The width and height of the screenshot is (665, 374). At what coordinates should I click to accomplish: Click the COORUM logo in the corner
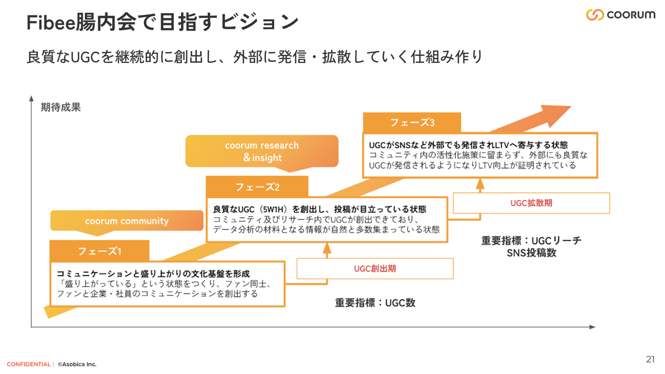(x=620, y=15)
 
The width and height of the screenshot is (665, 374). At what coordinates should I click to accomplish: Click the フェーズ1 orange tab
(x=99, y=251)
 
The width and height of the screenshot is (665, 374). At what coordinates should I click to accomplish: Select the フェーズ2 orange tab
(x=257, y=187)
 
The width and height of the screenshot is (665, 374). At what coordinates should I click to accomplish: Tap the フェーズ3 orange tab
(x=412, y=123)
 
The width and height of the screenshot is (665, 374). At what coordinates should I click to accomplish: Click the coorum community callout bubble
(x=126, y=221)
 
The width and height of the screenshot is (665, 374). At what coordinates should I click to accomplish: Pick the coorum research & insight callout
(x=261, y=151)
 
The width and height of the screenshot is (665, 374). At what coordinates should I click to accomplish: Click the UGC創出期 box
(x=375, y=269)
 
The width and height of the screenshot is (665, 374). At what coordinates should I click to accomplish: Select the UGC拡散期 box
(x=531, y=203)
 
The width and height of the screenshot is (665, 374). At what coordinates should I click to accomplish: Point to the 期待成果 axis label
(x=61, y=107)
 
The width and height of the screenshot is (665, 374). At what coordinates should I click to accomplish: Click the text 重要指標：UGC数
(x=375, y=302)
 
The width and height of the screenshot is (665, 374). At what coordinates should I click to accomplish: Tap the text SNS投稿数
(x=531, y=253)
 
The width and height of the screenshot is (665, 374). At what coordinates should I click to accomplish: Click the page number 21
(x=650, y=359)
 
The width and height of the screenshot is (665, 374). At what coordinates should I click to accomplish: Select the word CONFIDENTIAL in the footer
(x=29, y=364)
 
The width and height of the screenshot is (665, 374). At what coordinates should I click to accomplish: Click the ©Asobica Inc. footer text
(x=77, y=364)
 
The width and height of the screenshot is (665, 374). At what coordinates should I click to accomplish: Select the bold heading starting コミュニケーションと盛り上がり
(x=153, y=274)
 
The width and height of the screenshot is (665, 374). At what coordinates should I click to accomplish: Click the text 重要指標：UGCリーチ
(x=531, y=240)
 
